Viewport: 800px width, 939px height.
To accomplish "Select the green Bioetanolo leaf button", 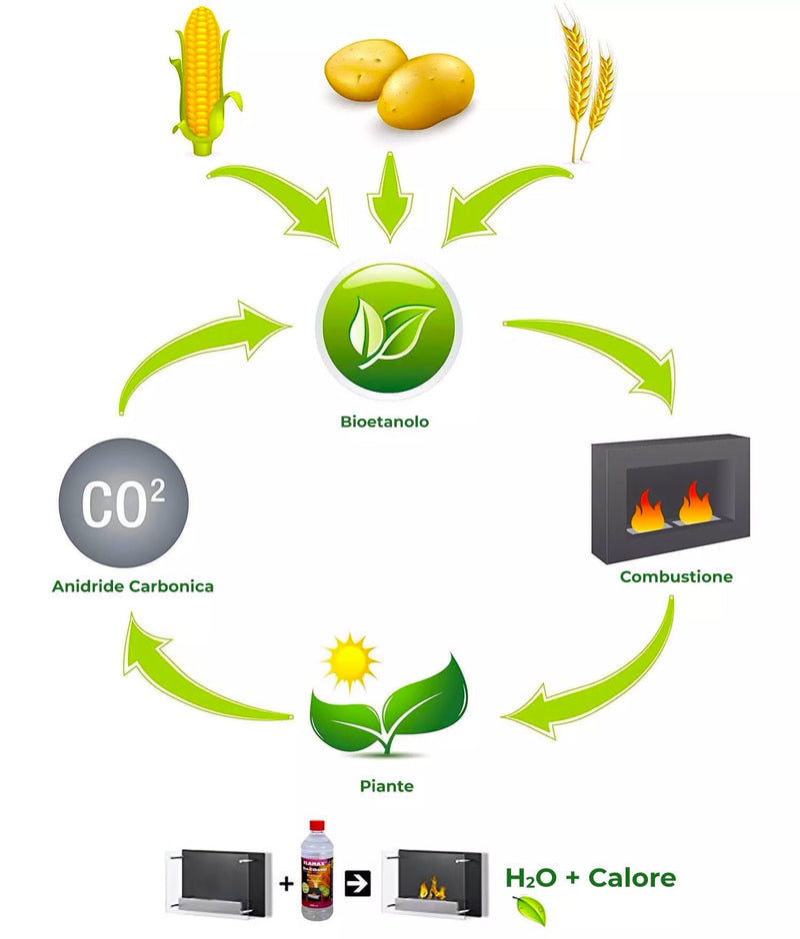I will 389,325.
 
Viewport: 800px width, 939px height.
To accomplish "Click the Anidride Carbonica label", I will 133,586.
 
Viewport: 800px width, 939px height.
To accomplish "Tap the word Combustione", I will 676,576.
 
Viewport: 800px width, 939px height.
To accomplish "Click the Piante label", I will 387,786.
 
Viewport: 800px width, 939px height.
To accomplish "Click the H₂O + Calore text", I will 591,879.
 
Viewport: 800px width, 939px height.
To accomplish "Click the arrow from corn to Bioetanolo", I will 275,205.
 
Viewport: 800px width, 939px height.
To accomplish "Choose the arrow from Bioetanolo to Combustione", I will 600,355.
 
